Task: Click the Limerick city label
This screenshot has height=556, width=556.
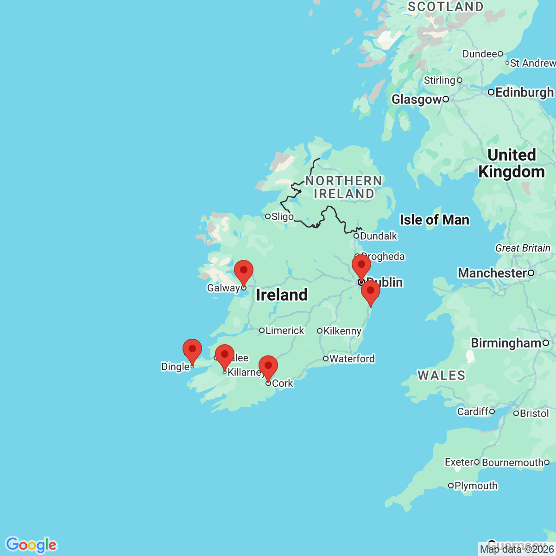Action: point(284,330)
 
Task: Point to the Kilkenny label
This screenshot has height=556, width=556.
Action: point(342,331)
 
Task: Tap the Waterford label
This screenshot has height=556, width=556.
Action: point(352,359)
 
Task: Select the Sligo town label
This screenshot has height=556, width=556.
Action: point(282,216)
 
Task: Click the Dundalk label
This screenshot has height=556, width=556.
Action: point(379,236)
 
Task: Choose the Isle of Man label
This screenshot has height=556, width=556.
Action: point(434,220)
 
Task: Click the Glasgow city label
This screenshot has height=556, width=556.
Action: point(417,99)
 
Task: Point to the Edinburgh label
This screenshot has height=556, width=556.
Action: point(524,92)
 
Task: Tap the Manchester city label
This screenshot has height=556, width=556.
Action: point(493,273)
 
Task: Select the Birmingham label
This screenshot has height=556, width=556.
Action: point(506,343)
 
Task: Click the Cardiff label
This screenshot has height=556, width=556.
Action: point(473,411)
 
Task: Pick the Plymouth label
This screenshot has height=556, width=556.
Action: point(476,486)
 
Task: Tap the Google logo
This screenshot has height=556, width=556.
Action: point(31,545)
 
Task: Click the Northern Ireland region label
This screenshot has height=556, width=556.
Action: point(343,187)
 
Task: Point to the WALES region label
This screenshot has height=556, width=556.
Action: point(442,375)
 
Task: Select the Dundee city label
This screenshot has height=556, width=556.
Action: point(480,54)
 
